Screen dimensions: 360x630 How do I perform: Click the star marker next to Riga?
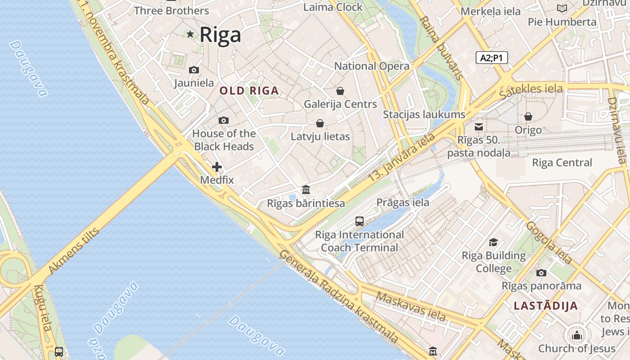[x=190, y=34]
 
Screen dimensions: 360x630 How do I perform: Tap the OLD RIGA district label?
[x=249, y=90]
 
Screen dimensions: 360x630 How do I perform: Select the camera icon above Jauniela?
[x=194, y=70]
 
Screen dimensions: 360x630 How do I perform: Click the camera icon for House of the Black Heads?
[x=223, y=120]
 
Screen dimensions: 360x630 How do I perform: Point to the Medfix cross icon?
[x=217, y=167]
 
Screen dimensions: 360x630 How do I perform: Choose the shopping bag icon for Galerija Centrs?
[x=340, y=91]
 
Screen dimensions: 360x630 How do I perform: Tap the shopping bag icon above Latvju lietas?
[x=320, y=123]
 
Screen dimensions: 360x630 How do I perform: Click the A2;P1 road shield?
[x=491, y=58]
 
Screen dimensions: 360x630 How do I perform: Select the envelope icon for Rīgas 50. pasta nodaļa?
[x=478, y=127]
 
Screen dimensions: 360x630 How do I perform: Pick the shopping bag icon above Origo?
[x=528, y=117]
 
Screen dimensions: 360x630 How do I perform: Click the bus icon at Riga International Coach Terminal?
[x=359, y=221]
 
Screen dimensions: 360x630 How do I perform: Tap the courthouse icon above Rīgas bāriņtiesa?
[x=306, y=189]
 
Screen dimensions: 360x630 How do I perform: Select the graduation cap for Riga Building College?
[x=494, y=242]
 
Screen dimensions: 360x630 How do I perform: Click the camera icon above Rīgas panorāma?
[x=541, y=273]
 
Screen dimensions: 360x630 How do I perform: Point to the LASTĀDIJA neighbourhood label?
[x=545, y=306]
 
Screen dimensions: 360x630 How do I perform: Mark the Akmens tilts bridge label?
[x=73, y=251]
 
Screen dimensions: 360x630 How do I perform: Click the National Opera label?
[x=372, y=66]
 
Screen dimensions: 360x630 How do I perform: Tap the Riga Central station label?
[x=562, y=162]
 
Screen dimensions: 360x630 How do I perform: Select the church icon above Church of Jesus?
[x=576, y=335]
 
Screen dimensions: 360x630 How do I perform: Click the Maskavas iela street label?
[x=410, y=306]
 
